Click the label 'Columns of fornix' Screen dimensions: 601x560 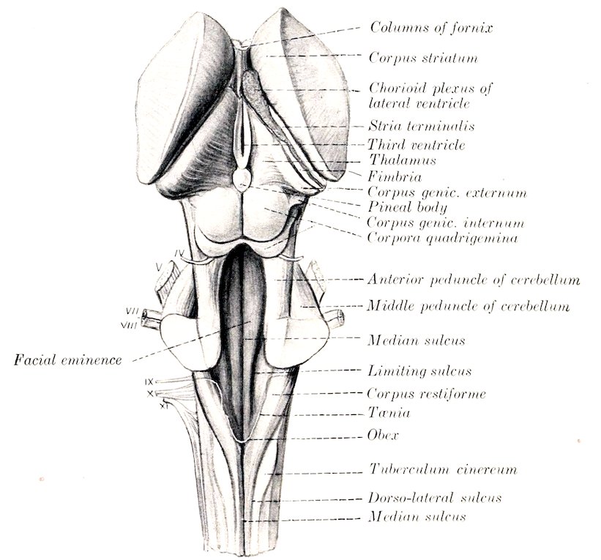(431, 28)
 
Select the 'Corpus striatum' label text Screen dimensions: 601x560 (423, 58)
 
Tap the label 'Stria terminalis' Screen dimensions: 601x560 (422, 126)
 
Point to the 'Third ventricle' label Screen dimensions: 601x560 (417, 145)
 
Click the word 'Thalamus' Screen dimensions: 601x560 (403, 160)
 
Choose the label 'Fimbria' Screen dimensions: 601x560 (395, 176)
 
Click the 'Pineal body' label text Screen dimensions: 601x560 (408, 207)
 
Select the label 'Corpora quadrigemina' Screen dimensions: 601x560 (442, 238)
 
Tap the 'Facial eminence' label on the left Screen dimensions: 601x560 (68, 360)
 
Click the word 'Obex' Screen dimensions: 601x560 (383, 436)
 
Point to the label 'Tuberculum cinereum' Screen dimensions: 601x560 (443, 469)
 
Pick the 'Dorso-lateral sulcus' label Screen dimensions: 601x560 (435, 498)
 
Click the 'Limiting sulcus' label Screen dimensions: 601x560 (419, 371)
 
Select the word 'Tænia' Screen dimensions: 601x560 (389, 413)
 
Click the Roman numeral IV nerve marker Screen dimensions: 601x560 (179, 253)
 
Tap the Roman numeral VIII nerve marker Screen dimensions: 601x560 (128, 326)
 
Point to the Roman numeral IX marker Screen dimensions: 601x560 (149, 382)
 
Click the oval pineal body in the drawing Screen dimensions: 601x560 (242, 179)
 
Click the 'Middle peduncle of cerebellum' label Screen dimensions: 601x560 (468, 306)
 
